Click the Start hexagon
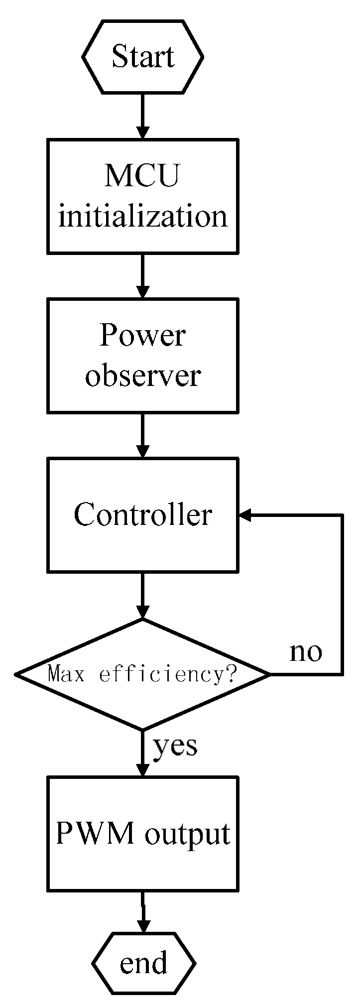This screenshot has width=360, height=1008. (143, 56)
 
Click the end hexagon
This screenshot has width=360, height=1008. (143, 964)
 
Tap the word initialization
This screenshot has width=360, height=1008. (143, 216)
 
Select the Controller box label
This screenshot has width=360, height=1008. (143, 514)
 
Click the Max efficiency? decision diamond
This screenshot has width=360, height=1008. (143, 674)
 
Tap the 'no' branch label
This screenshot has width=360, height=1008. (306, 651)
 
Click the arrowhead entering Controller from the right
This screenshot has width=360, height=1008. (245, 515)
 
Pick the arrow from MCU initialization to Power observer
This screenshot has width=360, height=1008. (143, 275)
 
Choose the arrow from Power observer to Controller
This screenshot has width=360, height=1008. (143, 435)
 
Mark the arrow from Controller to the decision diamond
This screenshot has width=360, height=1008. (143, 595)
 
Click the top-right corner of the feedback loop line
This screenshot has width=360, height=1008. (342, 515)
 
